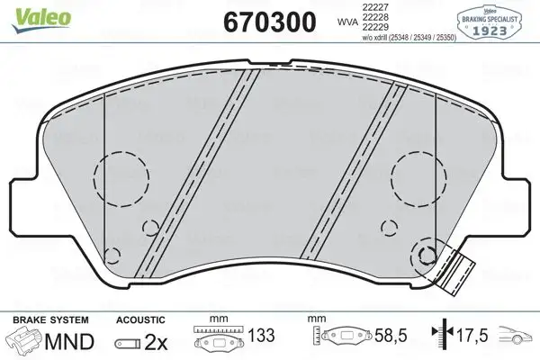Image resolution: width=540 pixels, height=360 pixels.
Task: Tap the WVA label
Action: pos(347,19)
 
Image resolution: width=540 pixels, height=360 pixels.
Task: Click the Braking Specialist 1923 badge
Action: pos(495,21)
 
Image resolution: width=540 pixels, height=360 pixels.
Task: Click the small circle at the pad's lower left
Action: pos(113,254)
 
